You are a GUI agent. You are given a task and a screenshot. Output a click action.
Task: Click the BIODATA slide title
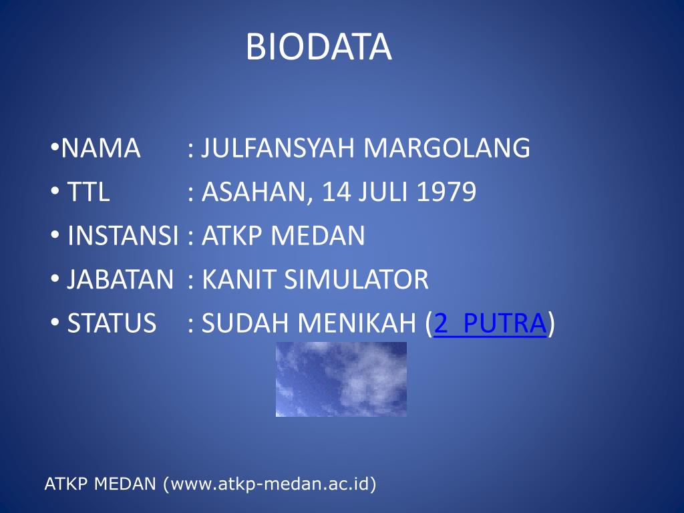click(x=319, y=47)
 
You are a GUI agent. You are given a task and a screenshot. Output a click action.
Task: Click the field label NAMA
click(x=101, y=148)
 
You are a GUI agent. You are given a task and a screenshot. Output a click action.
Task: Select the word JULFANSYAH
click(x=279, y=148)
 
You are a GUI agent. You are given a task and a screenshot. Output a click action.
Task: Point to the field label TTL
click(x=88, y=192)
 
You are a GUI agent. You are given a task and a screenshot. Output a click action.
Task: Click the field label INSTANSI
click(x=124, y=236)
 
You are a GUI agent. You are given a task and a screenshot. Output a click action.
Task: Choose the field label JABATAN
click(x=120, y=279)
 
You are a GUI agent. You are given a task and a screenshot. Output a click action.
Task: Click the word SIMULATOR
click(x=357, y=279)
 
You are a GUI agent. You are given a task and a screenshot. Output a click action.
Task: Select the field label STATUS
click(x=112, y=323)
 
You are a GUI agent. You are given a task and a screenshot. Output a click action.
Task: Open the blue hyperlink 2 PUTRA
click(x=490, y=323)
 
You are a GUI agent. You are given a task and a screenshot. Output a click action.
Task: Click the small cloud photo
click(x=341, y=379)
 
